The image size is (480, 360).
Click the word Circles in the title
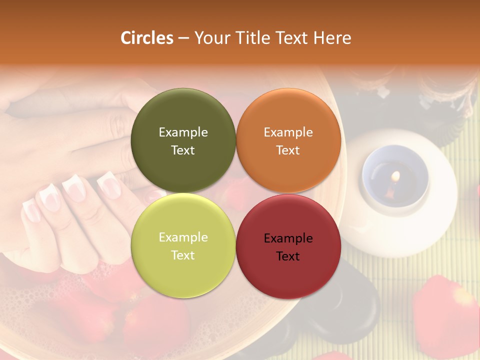[x=147, y=38]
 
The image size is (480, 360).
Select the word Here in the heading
[x=332, y=38]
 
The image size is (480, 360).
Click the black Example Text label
[x=288, y=247]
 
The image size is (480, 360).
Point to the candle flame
[x=395, y=176]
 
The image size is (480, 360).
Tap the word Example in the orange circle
[x=288, y=132]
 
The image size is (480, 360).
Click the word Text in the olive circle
[x=183, y=150]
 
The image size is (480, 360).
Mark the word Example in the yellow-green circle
[x=183, y=237]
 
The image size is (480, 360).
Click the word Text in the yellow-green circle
[x=183, y=255]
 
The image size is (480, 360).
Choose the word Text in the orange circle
[x=288, y=150]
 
